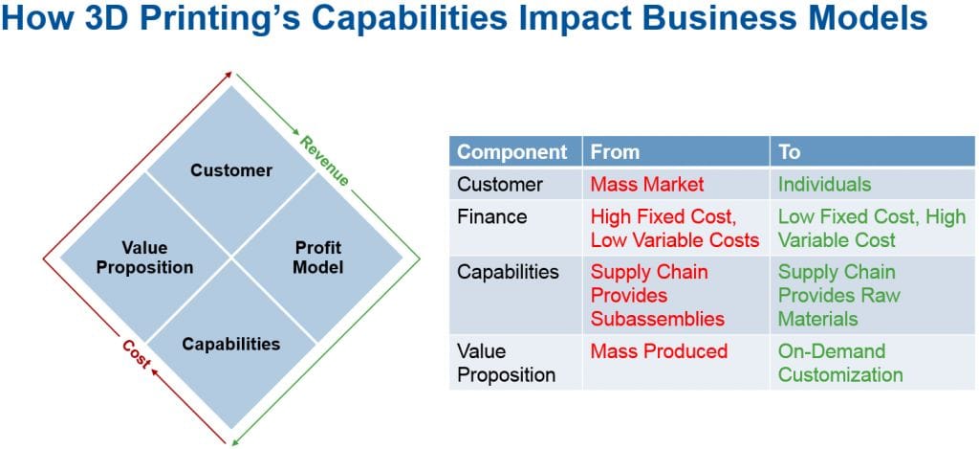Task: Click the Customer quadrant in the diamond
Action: click(x=231, y=170)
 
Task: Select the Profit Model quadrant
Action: click(x=317, y=257)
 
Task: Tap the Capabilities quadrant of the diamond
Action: click(x=231, y=344)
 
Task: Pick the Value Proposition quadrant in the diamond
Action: click(x=145, y=257)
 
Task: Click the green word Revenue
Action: click(x=324, y=162)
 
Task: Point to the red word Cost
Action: click(x=136, y=353)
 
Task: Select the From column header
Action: click(x=676, y=151)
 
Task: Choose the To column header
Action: click(x=872, y=151)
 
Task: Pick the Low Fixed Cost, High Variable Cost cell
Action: click(x=872, y=228)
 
